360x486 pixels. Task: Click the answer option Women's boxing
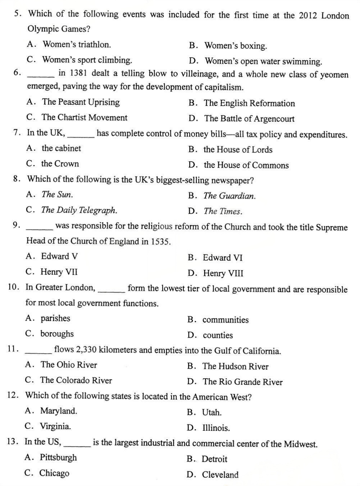point(235,46)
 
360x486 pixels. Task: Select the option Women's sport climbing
point(87,60)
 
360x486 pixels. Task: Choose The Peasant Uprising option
point(81,102)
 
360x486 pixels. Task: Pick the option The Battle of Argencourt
point(249,119)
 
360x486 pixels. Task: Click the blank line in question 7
point(84,135)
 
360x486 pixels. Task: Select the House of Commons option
point(246,165)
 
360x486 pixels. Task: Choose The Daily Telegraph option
point(79,210)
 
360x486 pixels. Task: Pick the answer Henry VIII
point(223,273)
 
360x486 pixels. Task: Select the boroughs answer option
point(57,334)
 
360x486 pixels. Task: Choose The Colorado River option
point(76,380)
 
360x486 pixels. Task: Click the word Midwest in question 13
point(300,444)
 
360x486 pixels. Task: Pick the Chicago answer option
point(54,473)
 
